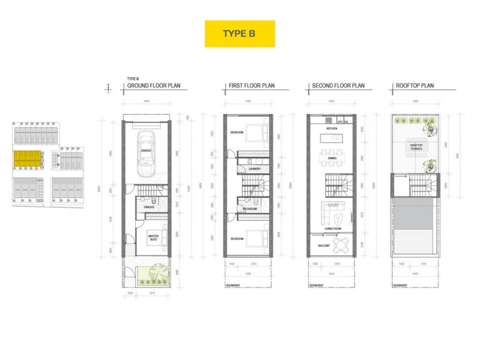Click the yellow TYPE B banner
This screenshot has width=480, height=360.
(x=239, y=34)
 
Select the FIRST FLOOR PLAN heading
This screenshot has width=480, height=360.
(x=251, y=86)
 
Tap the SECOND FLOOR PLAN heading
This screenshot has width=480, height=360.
(x=338, y=86)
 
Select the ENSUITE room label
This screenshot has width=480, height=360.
(x=149, y=207)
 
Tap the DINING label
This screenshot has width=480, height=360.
(x=332, y=158)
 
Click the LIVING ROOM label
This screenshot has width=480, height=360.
(x=334, y=228)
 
